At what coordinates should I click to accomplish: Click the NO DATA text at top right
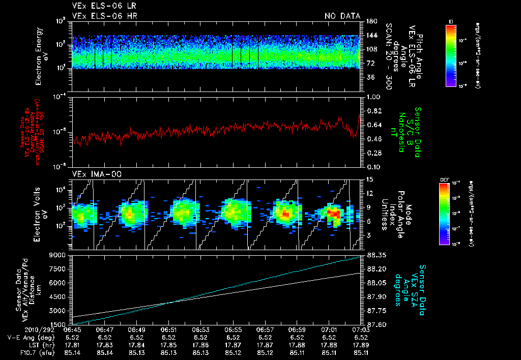(342, 16)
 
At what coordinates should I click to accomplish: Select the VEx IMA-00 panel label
(92, 174)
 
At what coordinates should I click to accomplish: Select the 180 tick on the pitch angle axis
(370, 21)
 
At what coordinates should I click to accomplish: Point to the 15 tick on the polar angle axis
(369, 179)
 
